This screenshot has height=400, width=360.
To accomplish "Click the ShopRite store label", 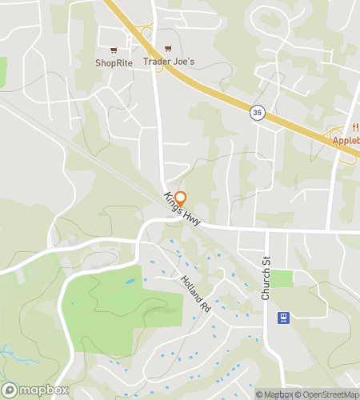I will click(113, 62).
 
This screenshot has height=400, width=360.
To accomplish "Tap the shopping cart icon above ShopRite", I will click(113, 50).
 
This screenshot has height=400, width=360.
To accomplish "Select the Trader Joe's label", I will click(169, 62).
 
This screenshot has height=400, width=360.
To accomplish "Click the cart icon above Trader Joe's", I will click(168, 50).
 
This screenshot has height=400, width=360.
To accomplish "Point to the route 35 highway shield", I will click(255, 111).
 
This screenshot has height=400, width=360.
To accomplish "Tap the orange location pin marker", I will click(181, 198).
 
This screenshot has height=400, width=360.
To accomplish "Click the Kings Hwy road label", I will click(182, 209).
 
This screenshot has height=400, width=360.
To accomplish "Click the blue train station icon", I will click(282, 318).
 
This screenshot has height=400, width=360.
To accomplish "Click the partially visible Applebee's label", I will click(346, 141).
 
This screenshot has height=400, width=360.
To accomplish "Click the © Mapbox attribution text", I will click(274, 394).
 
